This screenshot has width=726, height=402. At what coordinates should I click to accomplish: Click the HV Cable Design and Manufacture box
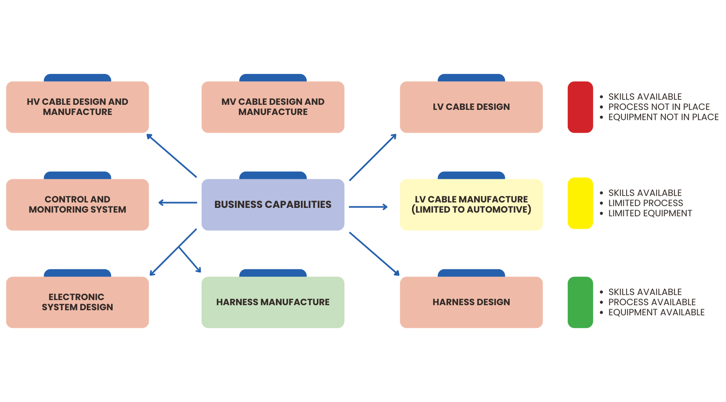[x=77, y=107]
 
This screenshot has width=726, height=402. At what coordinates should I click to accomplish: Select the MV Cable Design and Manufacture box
[x=273, y=107]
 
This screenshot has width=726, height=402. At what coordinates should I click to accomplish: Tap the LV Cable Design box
[x=471, y=107]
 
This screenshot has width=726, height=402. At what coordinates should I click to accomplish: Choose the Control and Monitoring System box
[x=77, y=205]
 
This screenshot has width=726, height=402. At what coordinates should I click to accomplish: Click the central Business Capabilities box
[x=273, y=205]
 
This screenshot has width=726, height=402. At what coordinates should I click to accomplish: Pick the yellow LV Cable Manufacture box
[x=471, y=205]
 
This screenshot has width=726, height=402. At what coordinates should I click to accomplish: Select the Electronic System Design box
[x=77, y=302]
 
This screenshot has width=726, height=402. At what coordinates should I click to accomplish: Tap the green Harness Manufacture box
[x=273, y=302]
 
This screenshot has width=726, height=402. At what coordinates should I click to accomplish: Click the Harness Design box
[x=471, y=302]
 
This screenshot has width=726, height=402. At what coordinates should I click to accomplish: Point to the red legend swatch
[x=580, y=107]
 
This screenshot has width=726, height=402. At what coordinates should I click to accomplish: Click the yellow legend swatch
[x=580, y=203]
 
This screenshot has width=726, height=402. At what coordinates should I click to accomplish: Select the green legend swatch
[x=580, y=302]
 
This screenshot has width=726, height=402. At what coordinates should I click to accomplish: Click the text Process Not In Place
[x=659, y=107]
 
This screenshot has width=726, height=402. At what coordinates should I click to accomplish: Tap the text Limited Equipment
[x=650, y=213]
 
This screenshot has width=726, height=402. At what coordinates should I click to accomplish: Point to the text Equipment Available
[x=656, y=312]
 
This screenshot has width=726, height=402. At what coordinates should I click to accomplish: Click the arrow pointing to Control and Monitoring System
[x=177, y=203]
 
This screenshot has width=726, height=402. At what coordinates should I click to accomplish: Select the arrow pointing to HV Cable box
[x=172, y=155]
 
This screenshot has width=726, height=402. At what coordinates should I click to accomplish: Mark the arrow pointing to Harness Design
[x=374, y=254]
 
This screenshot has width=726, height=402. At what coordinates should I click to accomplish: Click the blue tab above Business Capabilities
[x=273, y=175]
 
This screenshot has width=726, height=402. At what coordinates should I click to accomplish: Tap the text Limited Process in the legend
[x=645, y=203]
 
